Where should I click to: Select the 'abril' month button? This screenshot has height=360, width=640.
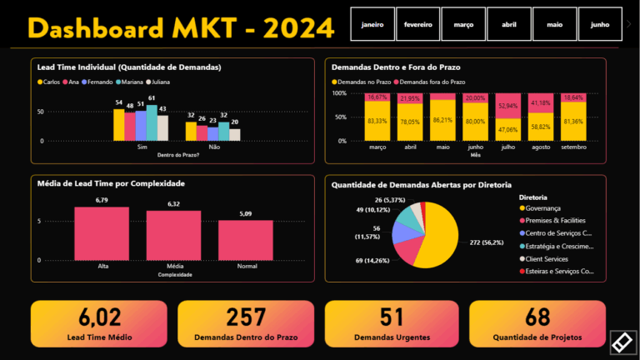pyautogui.click(x=509, y=25)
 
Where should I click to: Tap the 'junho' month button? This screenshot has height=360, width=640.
pyautogui.click(x=600, y=25)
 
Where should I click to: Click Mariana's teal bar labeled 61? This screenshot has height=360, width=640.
pyautogui.click(x=151, y=122)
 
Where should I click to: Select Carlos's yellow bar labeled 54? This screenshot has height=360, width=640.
pyautogui.click(x=119, y=125)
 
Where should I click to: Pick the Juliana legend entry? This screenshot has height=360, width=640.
pyautogui.click(x=160, y=82)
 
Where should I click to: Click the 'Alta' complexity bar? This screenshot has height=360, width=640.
pyautogui.click(x=102, y=233)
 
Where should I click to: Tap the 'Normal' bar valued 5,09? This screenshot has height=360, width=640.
pyautogui.click(x=246, y=240)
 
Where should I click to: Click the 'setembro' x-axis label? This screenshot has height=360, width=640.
pyautogui.click(x=573, y=147)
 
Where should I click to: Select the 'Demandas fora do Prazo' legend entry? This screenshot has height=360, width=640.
pyautogui.click(x=432, y=82)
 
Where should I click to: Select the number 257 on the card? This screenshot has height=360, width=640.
pyautogui.click(x=247, y=317)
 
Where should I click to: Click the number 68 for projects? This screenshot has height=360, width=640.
pyautogui.click(x=537, y=317)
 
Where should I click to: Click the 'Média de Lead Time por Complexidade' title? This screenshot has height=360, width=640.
pyautogui.click(x=112, y=183)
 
